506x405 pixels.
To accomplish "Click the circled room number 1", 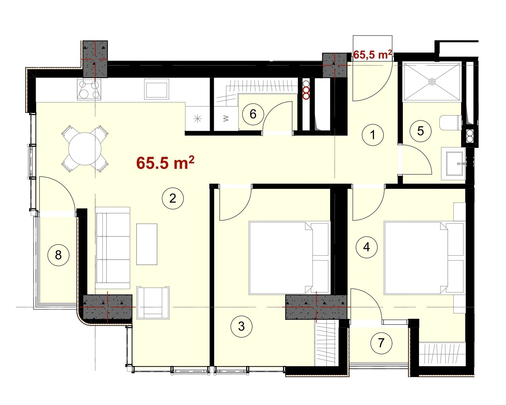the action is (x=373, y=135).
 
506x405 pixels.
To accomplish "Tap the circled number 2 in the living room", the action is (x=173, y=198).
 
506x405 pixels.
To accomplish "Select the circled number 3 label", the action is (x=242, y=326).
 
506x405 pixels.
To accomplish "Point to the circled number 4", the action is (x=367, y=247).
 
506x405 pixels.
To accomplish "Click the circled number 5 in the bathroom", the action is (x=420, y=131).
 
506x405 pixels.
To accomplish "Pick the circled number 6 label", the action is (x=253, y=114).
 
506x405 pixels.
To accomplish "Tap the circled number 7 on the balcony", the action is (x=381, y=343).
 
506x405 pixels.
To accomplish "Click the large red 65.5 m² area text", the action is (x=165, y=163).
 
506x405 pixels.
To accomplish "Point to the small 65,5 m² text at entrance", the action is (x=373, y=55).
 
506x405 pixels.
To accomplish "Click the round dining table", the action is (x=85, y=149).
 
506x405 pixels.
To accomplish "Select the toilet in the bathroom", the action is (x=451, y=123).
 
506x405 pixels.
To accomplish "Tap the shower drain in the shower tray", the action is (x=432, y=82).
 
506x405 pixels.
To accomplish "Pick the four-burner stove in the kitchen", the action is (x=89, y=89).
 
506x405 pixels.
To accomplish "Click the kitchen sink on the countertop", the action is (x=157, y=89).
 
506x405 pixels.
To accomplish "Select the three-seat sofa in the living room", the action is (x=113, y=248).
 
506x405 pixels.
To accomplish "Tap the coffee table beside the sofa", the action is (x=147, y=244).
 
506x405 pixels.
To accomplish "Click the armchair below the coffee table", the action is (x=153, y=303).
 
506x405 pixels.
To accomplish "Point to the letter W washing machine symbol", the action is (x=226, y=119).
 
